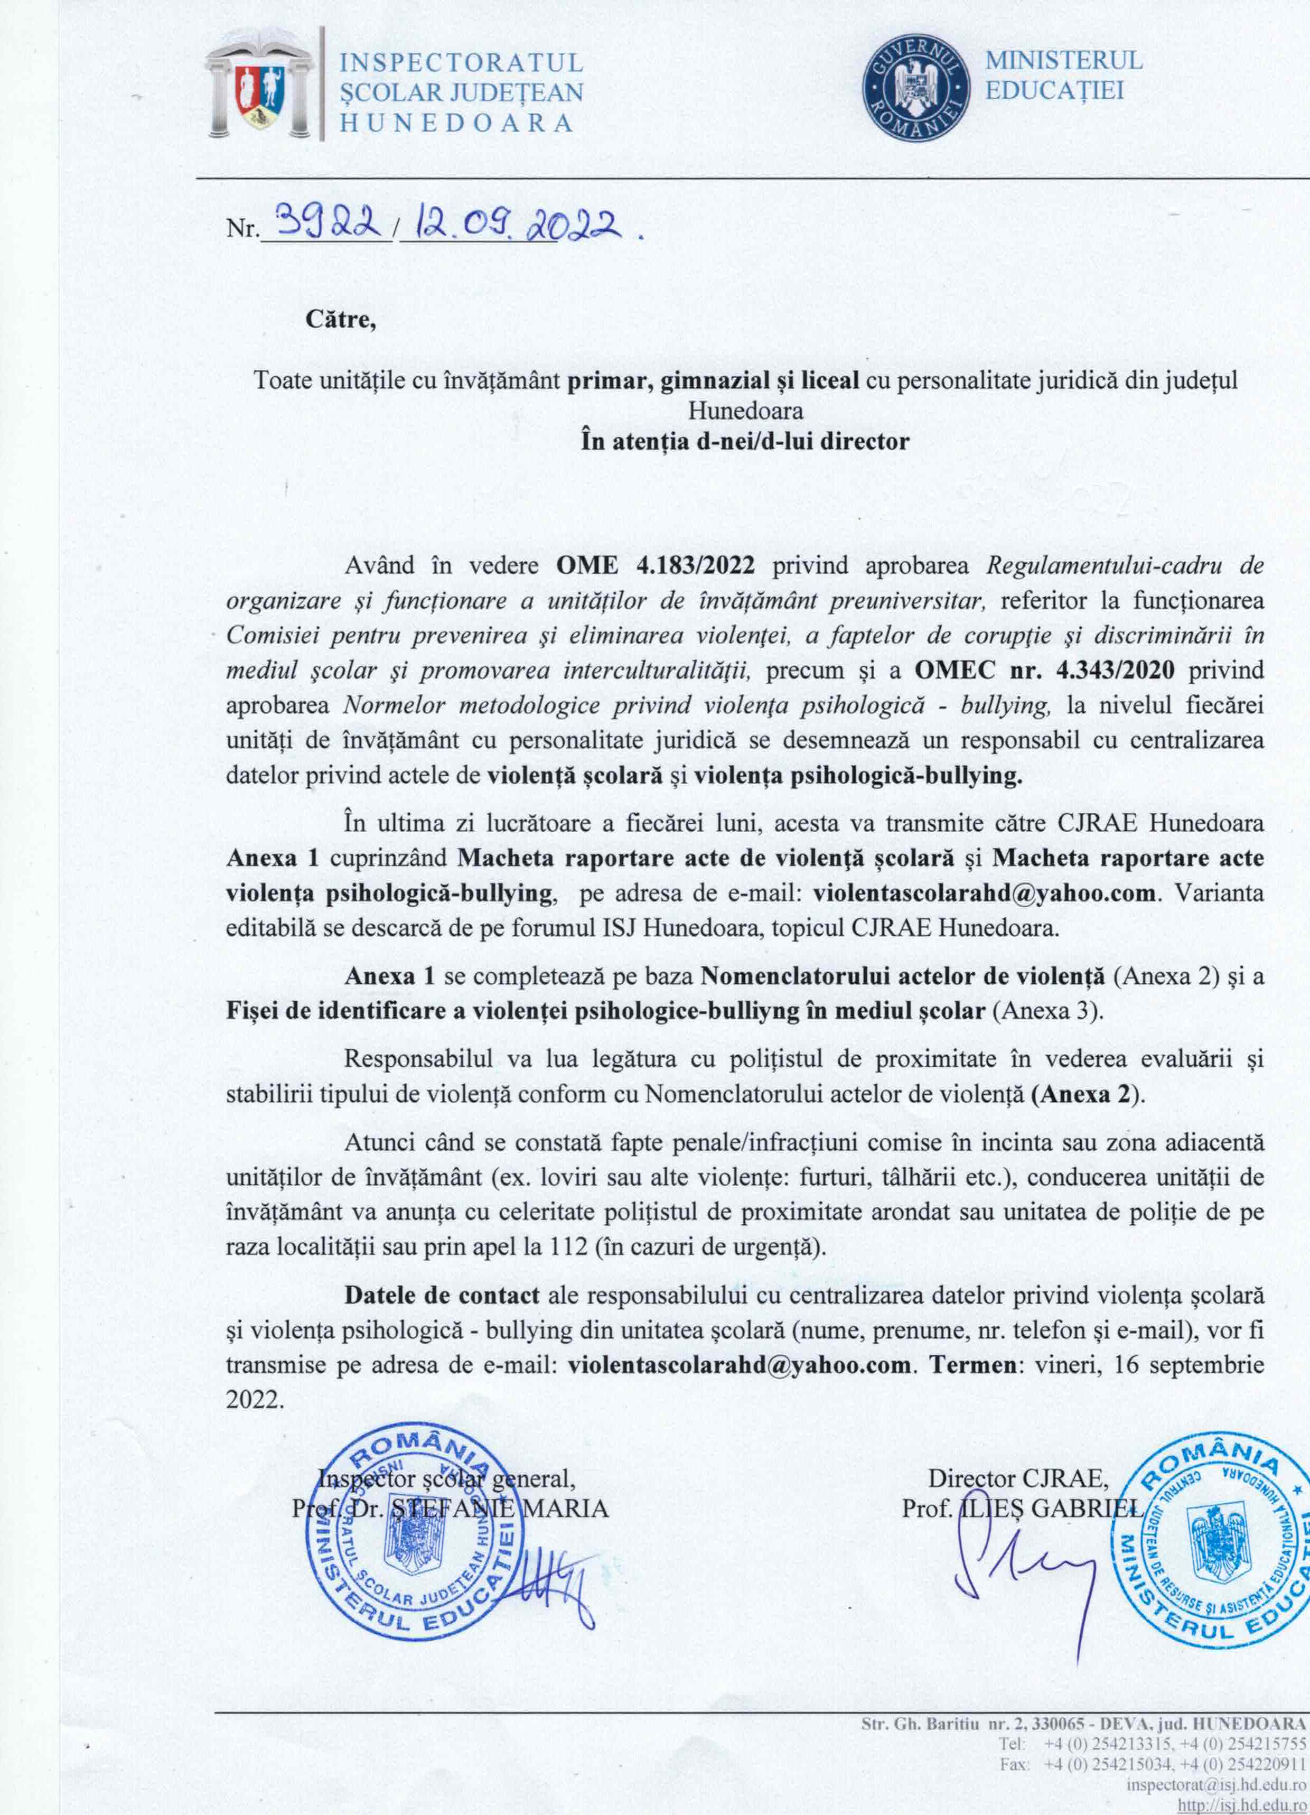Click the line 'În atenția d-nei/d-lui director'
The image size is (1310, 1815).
point(745,441)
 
